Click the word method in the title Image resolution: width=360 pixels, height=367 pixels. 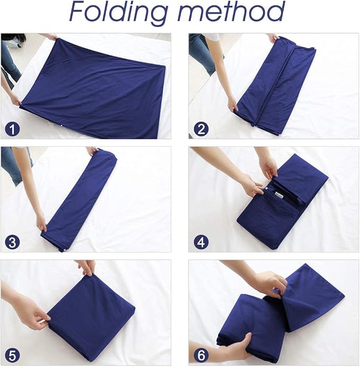(x=231, y=12)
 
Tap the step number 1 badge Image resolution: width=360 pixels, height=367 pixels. (x=12, y=129)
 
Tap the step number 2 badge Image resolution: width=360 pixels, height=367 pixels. (x=201, y=129)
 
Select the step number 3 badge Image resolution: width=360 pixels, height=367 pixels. (x=12, y=242)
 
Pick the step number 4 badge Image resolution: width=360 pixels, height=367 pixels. (x=201, y=242)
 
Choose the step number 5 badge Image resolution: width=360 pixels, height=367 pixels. (x=12, y=356)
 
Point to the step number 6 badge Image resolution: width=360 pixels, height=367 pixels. (x=201, y=356)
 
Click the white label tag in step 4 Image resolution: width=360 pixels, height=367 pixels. (x=277, y=195)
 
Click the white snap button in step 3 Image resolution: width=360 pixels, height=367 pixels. (x=64, y=250)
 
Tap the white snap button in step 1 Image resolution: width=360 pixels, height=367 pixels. (x=62, y=126)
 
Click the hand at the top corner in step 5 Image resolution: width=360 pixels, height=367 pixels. (x=87, y=267)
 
